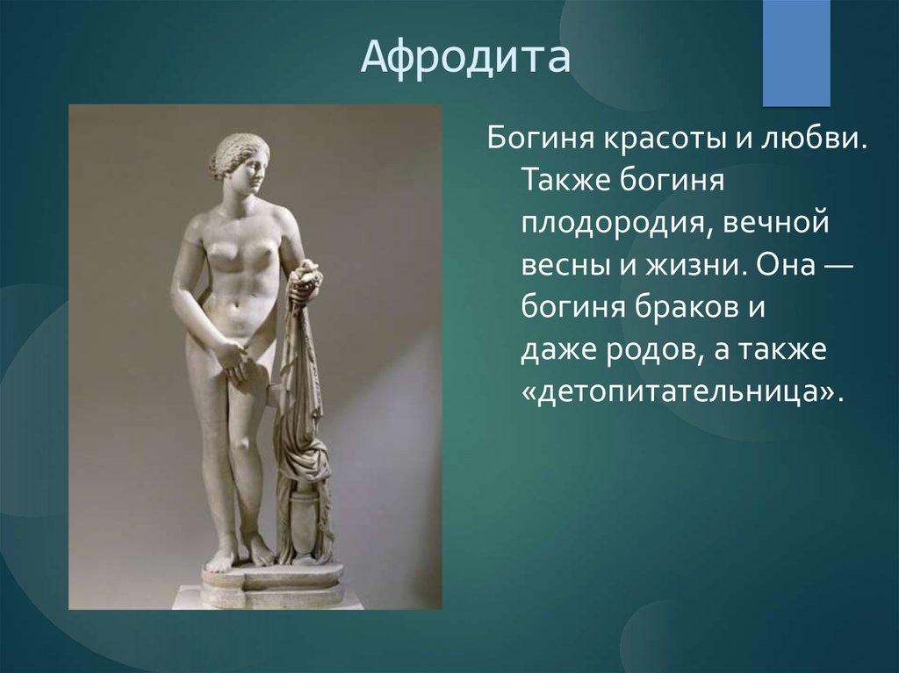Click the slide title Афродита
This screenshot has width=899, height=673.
pos(465,57)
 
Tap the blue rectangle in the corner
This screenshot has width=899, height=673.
pos(795,53)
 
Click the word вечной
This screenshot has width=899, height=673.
pos(776,223)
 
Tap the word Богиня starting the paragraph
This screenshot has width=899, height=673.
pos(539,139)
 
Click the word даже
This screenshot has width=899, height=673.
pos(557,350)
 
